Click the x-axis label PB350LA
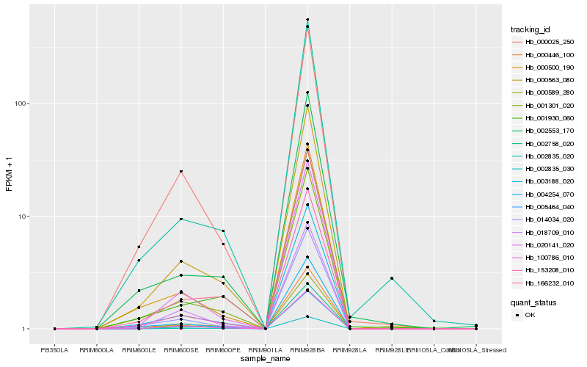tap(54, 350)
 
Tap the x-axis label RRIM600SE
tap(181, 350)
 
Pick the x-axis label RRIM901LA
tap(265, 350)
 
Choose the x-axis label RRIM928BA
tap(307, 350)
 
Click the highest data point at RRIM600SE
tap(181, 171)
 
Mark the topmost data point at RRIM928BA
tap(307, 19)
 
